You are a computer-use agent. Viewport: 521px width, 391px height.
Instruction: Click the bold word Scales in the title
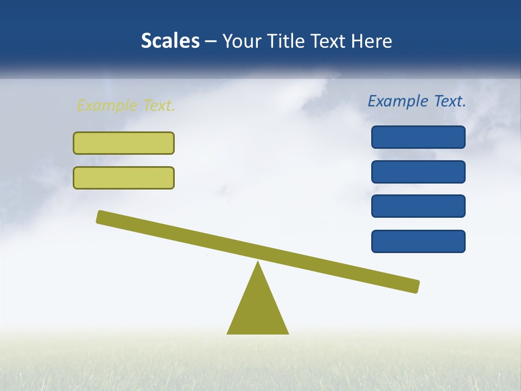pos(170,41)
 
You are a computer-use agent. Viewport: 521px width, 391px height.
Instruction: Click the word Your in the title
pos(242,41)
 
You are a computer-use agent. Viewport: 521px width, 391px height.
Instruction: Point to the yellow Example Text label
pos(126,105)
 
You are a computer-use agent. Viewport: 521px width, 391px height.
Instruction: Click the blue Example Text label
pos(417,101)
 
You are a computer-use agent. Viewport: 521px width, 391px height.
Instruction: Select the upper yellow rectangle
pos(124,143)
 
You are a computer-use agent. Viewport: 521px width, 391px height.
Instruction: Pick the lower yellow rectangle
pos(124,178)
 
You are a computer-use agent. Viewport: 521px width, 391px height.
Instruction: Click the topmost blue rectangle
pos(418,137)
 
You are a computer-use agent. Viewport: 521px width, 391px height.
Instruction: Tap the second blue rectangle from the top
pos(418,172)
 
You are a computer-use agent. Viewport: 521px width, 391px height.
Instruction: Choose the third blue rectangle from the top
pos(418,206)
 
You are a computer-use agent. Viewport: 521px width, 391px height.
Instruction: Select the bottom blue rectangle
pos(418,241)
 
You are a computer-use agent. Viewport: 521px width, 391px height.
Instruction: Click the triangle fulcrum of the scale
pos(258,310)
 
